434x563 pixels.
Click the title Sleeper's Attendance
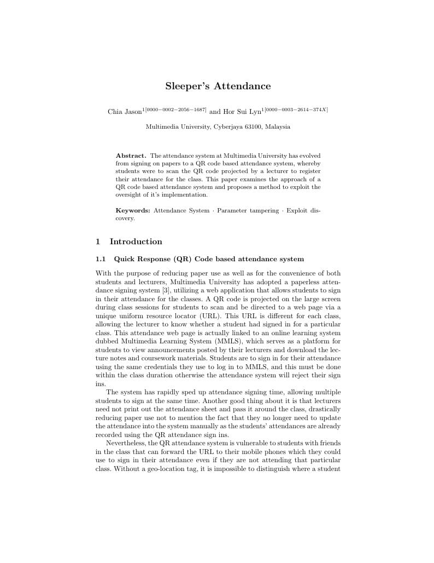coord(218,87)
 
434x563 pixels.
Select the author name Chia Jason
coord(125,112)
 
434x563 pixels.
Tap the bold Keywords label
coord(133,211)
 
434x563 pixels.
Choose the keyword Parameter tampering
coord(248,211)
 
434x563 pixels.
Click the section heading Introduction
coord(136,242)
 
